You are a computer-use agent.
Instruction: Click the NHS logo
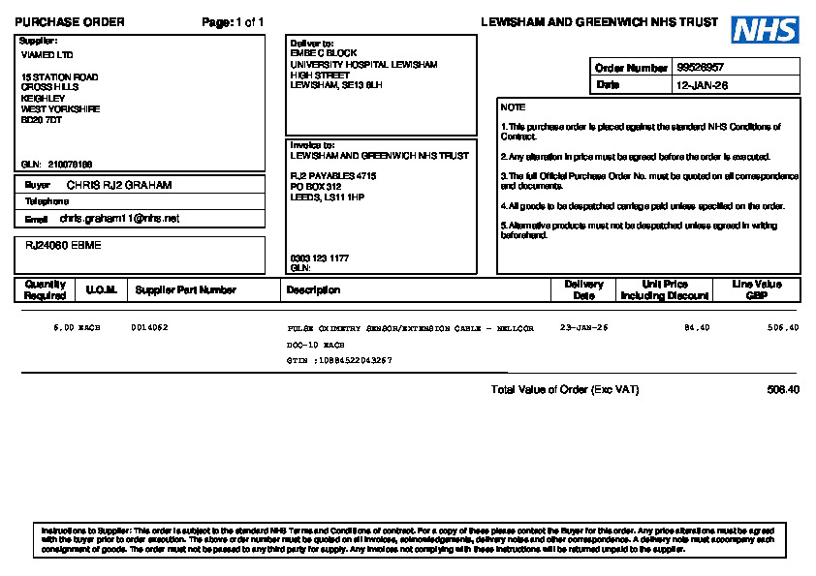click(765, 29)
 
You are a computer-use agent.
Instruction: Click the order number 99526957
click(701, 68)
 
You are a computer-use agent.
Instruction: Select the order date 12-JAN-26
click(702, 85)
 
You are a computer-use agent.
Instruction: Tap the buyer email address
click(119, 219)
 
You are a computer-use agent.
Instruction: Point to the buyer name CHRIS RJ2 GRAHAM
click(119, 184)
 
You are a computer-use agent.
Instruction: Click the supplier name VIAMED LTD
click(47, 54)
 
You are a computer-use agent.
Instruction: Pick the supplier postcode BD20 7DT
click(42, 120)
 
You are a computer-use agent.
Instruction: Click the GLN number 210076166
click(70, 164)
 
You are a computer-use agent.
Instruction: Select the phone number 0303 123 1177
click(320, 258)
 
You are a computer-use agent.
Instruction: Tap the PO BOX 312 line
click(316, 186)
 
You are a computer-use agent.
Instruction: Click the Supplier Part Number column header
click(185, 289)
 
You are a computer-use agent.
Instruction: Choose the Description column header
click(313, 289)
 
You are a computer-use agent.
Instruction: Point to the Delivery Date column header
click(583, 289)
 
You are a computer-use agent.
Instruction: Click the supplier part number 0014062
click(149, 328)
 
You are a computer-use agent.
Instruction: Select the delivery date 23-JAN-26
click(583, 328)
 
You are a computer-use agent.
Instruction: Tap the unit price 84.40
click(697, 328)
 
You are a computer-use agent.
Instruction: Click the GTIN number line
click(340, 360)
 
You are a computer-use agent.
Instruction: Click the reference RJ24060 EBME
click(63, 245)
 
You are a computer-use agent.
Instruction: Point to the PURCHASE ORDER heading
click(70, 22)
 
